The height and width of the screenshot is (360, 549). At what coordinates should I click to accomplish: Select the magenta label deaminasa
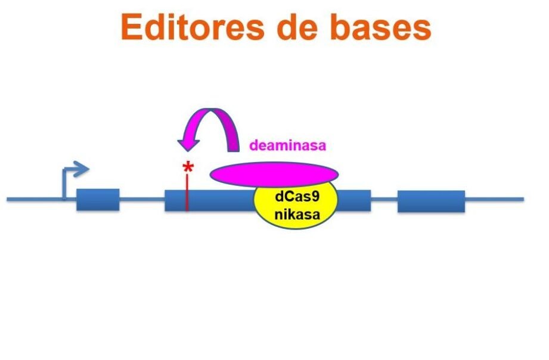tap(288, 145)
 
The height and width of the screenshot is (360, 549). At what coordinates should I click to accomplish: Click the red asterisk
tap(188, 169)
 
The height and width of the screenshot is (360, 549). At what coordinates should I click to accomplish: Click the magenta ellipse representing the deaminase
tap(274, 173)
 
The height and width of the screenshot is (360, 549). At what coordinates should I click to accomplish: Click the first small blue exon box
tap(98, 200)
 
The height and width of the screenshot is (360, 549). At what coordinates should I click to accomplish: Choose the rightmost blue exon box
tap(431, 201)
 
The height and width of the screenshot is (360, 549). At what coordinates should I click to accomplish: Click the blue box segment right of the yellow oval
tap(355, 200)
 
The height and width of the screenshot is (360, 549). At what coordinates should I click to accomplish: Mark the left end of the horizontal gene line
tap(8, 200)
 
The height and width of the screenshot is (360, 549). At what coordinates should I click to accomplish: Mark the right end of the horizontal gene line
tap(523, 200)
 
